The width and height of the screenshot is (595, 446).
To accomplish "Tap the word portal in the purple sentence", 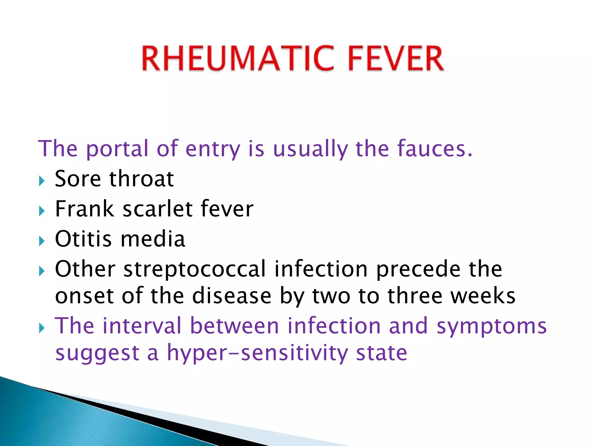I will (x=117, y=149).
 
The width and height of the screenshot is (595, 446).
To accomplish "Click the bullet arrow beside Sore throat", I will (x=42, y=181).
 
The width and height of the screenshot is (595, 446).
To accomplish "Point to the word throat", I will (x=141, y=179).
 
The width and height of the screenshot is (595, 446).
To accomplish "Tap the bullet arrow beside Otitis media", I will (x=42, y=241).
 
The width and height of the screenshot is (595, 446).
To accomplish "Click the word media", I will (x=153, y=239).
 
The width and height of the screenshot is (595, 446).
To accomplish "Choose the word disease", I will (x=232, y=296).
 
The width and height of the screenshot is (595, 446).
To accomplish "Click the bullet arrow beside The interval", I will (x=42, y=328).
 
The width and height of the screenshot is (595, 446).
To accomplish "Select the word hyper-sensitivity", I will (x=257, y=353).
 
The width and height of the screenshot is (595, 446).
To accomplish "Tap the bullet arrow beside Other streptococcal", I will (x=42, y=271).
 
